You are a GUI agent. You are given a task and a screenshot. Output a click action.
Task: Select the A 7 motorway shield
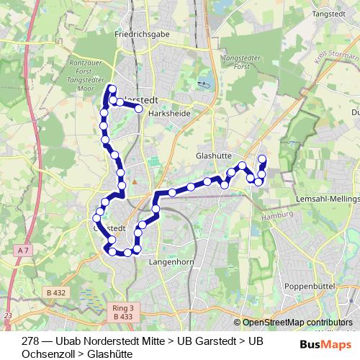[24, 250]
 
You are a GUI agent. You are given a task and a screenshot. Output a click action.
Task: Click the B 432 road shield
[55, 292]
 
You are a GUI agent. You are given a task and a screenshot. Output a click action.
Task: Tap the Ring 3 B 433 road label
[124, 311]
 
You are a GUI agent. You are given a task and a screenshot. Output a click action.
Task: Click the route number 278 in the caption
[30, 341]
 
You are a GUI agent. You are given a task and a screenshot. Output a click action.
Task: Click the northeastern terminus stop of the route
[262, 158]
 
